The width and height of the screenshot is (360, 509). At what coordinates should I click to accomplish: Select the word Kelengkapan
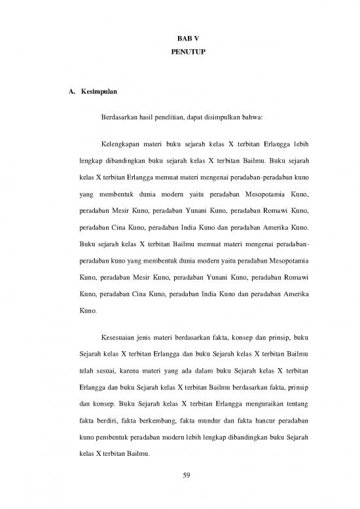122,143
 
